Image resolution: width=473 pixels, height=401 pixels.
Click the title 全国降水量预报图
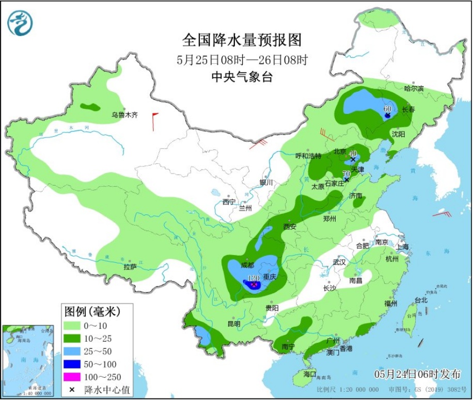[x=242, y=40]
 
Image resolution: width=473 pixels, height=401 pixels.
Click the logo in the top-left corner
[x=20, y=23]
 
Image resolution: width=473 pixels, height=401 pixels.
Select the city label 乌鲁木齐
[x=125, y=115]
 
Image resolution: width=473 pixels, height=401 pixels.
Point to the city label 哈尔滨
[x=414, y=89]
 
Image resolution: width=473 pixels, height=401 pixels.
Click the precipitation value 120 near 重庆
[x=253, y=278]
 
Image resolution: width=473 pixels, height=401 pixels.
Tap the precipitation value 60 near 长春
[x=388, y=109]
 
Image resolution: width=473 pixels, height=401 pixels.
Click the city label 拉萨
[x=130, y=266]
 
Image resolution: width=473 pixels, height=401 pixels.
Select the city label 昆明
[x=233, y=324]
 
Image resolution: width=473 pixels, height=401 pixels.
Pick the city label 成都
[x=247, y=265]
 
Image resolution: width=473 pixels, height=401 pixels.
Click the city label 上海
[x=403, y=247]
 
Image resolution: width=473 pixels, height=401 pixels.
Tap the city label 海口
[x=309, y=373]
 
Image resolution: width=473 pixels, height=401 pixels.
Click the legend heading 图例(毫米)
[x=92, y=311]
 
